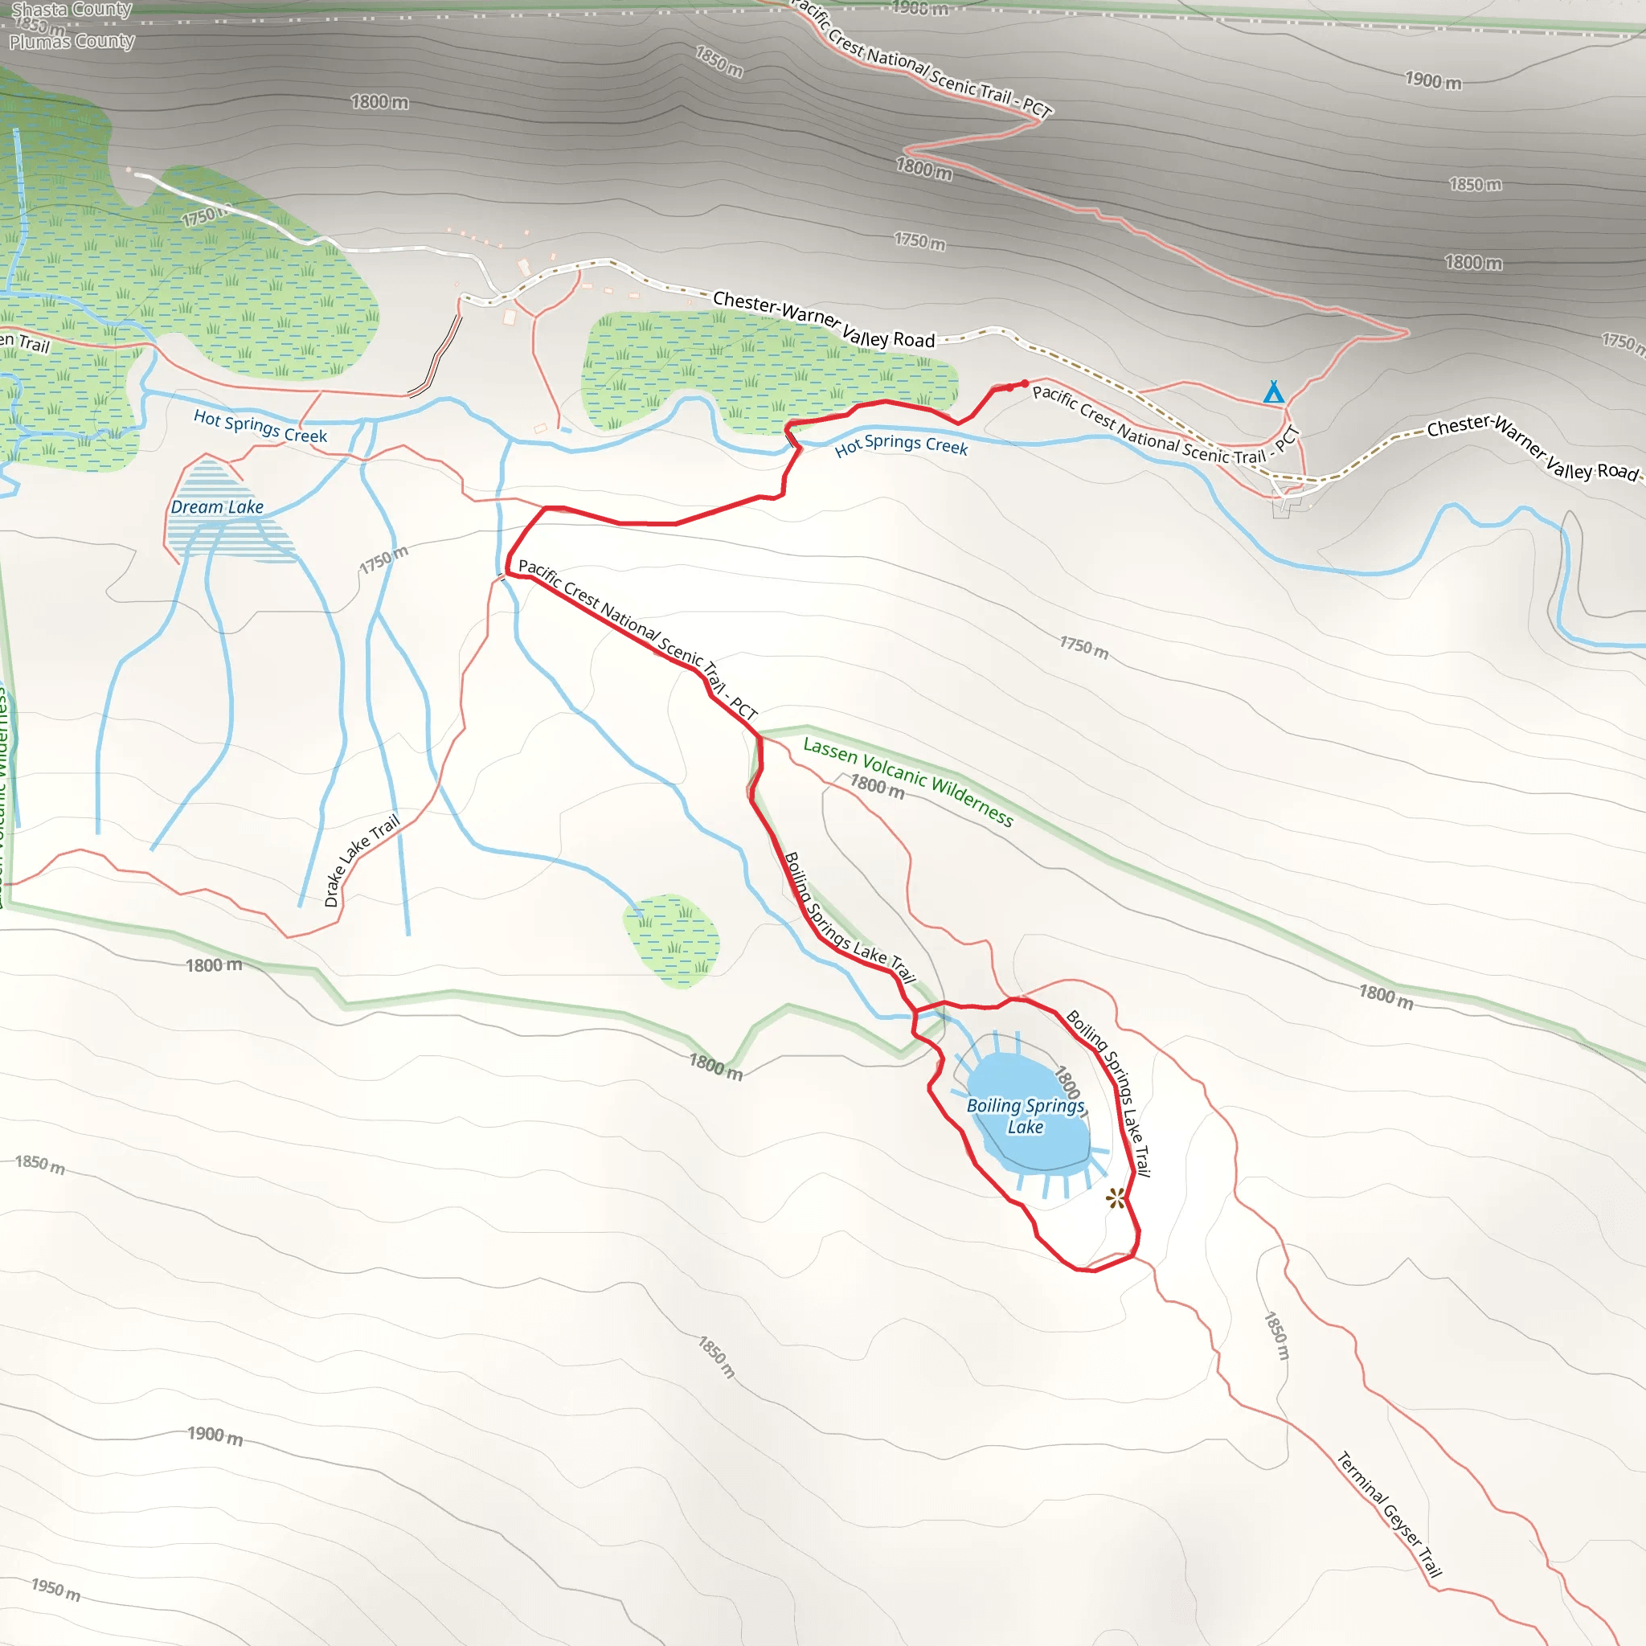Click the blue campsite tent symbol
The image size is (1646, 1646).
1273,392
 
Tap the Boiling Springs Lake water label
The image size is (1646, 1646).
1025,1116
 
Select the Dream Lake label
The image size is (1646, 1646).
217,507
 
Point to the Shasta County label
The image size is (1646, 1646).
72,10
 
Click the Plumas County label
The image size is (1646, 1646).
72,41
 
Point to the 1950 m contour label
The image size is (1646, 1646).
56,1590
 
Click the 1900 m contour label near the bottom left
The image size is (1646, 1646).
215,1435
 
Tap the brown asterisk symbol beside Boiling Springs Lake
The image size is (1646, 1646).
1116,1198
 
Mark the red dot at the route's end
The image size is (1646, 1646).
1025,383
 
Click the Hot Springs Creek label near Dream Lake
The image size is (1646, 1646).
260,426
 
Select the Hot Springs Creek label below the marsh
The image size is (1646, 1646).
902,444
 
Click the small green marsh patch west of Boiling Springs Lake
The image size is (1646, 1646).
672,940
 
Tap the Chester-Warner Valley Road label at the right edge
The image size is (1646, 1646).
1532,448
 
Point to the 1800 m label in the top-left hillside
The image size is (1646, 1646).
379,102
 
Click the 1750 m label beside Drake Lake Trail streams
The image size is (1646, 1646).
383,559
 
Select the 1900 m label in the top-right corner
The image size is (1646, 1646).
1433,81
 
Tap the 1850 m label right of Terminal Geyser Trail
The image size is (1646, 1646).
1276,1336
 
